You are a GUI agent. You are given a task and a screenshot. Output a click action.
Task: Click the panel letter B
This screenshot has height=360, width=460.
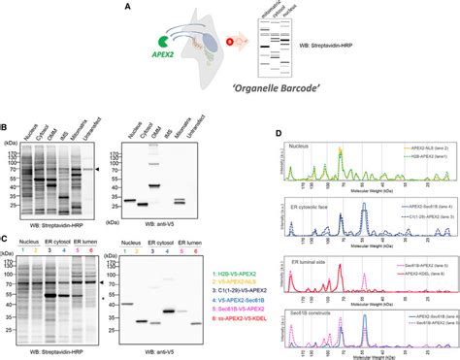(6, 123)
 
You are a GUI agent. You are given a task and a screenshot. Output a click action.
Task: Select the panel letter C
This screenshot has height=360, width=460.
(6, 235)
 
